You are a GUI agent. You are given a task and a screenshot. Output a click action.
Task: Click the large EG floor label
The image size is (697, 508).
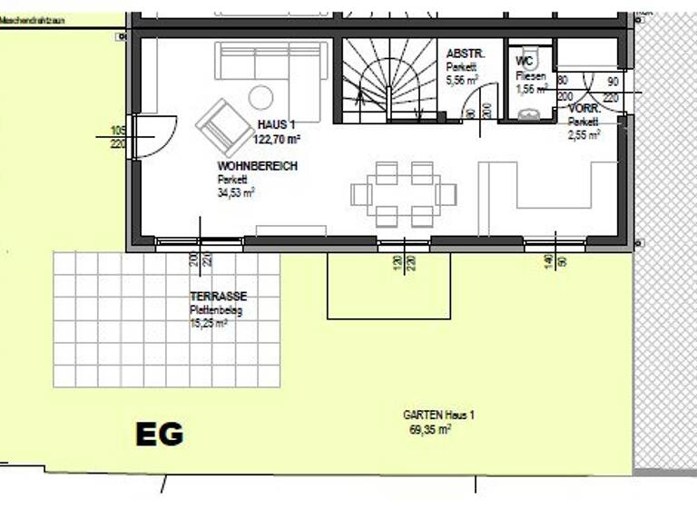(160, 434)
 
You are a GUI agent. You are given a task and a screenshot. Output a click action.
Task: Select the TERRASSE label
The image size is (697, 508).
(218, 297)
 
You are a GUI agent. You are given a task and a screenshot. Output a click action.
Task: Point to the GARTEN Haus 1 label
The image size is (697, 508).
(438, 415)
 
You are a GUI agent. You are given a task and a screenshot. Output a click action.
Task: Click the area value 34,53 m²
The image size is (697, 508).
(236, 192)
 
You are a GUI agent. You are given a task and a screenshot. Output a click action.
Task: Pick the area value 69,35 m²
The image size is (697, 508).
(430, 429)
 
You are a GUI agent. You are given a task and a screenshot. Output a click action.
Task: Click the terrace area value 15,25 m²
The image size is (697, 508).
(209, 322)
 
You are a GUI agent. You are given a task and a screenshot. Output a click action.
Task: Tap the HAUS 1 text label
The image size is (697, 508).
(277, 125)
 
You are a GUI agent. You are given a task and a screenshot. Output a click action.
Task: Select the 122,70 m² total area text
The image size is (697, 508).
(278, 140)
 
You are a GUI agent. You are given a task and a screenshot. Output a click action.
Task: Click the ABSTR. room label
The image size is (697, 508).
(466, 54)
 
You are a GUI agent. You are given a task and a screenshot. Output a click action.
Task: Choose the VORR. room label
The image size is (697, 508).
(584, 108)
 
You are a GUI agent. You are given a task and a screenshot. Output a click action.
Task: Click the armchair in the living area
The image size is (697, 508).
(220, 126)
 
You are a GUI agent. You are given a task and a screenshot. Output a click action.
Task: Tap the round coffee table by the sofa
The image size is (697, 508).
(261, 96)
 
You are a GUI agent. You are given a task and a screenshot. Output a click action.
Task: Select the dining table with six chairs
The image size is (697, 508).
(404, 194)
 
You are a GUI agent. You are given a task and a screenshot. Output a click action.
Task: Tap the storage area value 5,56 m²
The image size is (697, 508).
(465, 80)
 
